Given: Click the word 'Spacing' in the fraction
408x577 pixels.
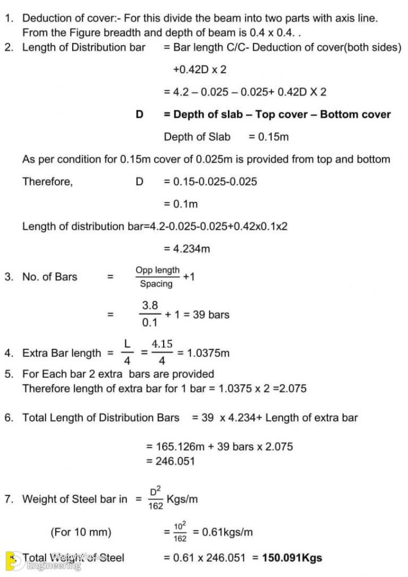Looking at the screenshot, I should [156, 284].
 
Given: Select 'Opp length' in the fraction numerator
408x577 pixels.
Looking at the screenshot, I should [157, 270].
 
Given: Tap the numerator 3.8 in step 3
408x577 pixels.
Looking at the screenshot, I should [150, 305].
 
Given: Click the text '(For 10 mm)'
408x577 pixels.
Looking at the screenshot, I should [81, 531].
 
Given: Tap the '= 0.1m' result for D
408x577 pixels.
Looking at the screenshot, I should [181, 203].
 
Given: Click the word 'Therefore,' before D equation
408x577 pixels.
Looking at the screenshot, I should [47, 181].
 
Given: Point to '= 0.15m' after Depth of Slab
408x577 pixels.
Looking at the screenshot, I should [269, 136].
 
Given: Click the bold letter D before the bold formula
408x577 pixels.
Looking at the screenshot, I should [139, 114].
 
